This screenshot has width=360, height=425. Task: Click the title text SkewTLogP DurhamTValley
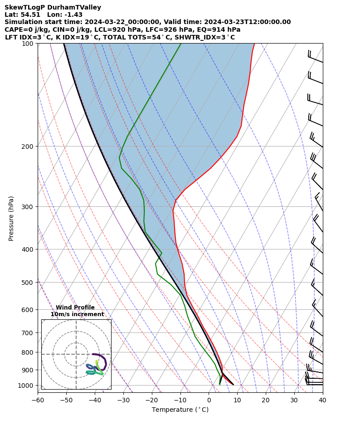click(x=53, y=8)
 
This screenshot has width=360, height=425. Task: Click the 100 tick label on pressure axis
click(x=28, y=44)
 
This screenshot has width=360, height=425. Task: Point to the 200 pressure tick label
click(x=28, y=147)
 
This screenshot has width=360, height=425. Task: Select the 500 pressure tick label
click(x=28, y=283)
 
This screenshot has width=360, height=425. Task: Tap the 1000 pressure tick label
click(x=26, y=386)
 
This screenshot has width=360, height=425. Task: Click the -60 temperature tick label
click(x=38, y=400)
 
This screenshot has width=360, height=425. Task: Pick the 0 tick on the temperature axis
click(x=209, y=400)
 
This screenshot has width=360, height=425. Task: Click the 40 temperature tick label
click(x=322, y=400)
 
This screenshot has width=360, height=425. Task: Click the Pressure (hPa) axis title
click(x=11, y=218)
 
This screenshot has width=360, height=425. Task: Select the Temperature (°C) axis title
click(x=180, y=410)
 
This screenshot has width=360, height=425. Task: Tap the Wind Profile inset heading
click(x=75, y=308)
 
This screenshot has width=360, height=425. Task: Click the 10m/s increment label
click(x=77, y=314)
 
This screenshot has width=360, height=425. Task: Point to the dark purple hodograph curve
click(x=105, y=361)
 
